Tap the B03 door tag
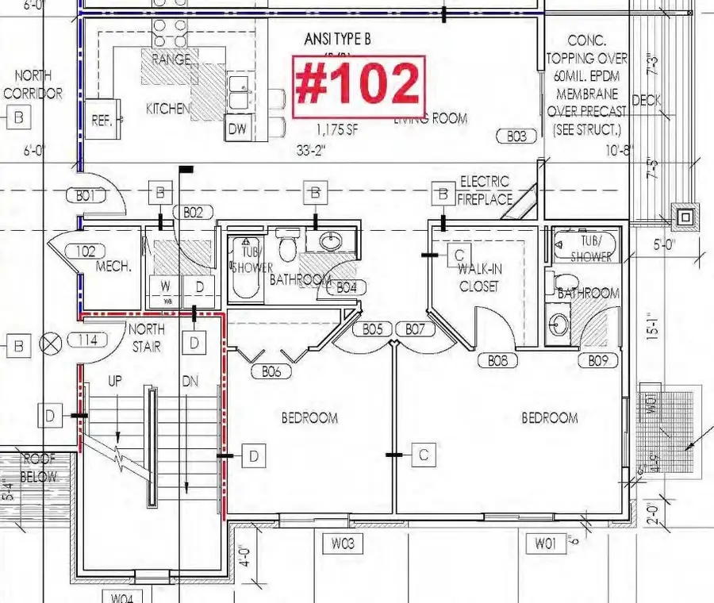(516, 136)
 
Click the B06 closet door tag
(271, 371)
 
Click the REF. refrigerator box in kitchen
(101, 121)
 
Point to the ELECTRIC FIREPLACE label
(484, 190)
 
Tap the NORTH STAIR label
(147, 336)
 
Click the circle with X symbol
(52, 344)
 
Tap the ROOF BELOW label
(39, 468)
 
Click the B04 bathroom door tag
(346, 287)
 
